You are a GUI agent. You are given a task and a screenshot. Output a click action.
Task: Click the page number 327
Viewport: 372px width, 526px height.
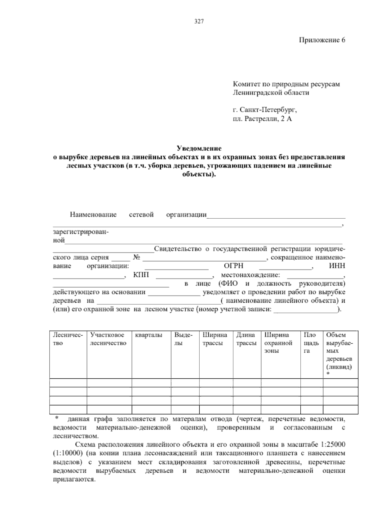(199, 21)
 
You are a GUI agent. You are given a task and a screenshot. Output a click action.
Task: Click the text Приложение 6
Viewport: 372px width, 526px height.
(322, 40)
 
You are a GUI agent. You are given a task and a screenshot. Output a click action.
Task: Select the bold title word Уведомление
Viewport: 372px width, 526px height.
(199, 148)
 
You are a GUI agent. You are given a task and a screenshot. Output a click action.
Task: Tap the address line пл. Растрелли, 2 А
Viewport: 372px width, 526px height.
(262, 119)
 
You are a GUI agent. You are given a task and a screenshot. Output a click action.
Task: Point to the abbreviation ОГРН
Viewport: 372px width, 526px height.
(233, 266)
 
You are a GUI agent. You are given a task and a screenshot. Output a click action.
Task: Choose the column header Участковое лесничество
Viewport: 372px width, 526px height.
(108, 339)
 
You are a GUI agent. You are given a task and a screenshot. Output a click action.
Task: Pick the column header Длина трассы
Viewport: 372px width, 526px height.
(246, 339)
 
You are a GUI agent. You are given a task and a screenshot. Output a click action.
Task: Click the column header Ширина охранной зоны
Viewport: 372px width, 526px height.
(278, 343)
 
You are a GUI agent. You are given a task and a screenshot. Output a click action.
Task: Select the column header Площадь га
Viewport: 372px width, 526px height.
(311, 343)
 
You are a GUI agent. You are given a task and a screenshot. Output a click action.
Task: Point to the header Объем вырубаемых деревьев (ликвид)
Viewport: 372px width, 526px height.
(339, 351)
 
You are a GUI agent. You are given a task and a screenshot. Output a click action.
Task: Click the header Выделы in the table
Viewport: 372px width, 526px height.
(183, 339)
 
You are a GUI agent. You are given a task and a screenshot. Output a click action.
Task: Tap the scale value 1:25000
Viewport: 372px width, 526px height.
(334, 445)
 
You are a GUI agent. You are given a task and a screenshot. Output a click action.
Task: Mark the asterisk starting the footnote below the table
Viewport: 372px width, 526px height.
(57, 418)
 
